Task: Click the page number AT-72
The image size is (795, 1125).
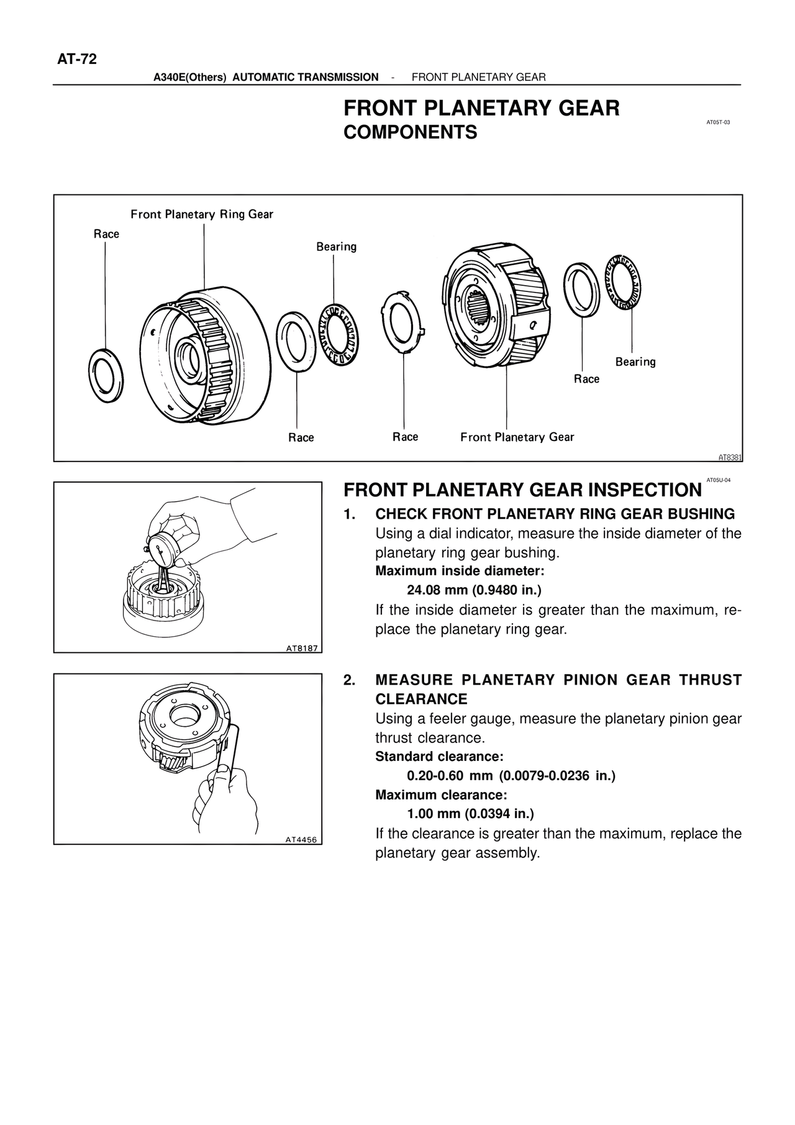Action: point(77,59)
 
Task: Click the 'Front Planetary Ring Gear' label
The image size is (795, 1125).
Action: point(201,214)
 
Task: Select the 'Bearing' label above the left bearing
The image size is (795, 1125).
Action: point(336,247)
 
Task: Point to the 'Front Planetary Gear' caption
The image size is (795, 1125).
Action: point(517,437)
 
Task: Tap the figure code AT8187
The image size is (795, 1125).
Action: point(302,649)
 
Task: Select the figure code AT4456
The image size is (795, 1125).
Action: point(301,840)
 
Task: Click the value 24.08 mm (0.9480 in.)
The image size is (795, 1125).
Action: point(474,590)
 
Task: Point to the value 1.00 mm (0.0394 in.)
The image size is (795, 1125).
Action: point(470,814)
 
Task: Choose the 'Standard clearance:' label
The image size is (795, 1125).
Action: point(439,757)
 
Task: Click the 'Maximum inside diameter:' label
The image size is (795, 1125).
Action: point(460,571)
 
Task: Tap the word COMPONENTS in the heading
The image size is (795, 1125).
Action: point(410,132)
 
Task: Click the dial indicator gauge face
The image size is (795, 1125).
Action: point(163,547)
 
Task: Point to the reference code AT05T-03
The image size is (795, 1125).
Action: point(718,122)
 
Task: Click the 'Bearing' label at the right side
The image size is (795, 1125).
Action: point(635,362)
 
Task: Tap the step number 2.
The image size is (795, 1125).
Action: point(350,680)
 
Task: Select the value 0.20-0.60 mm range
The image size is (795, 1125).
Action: point(450,776)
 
